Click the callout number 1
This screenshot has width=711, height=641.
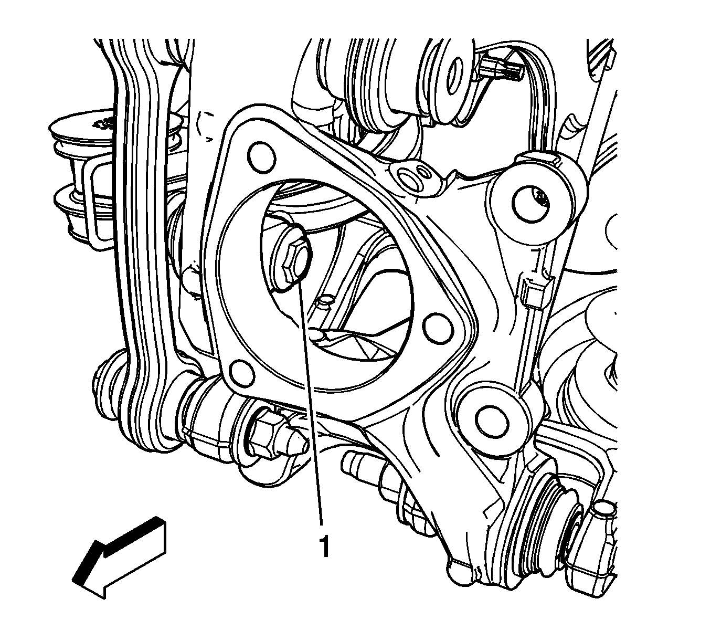click(x=324, y=547)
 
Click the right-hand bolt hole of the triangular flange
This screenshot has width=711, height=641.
click(x=439, y=328)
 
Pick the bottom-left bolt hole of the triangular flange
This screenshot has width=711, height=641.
click(x=242, y=372)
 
